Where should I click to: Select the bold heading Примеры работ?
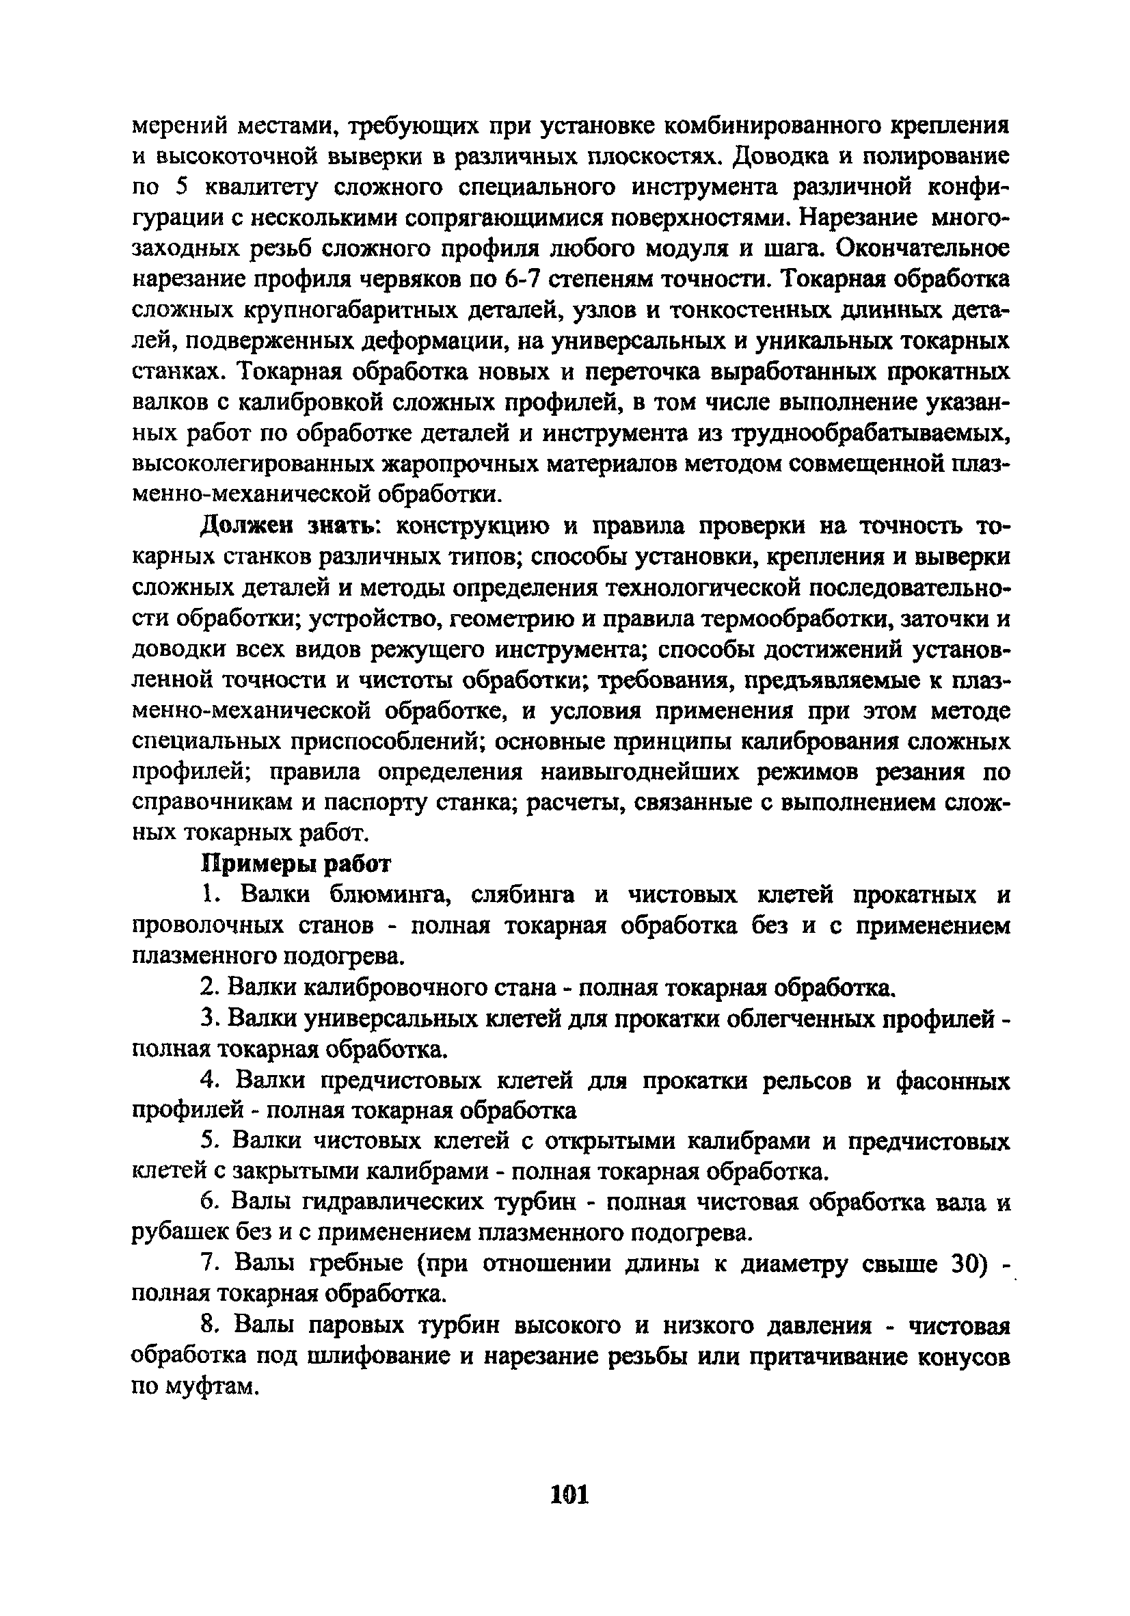click(x=296, y=864)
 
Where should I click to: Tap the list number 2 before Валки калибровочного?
click(x=207, y=988)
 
